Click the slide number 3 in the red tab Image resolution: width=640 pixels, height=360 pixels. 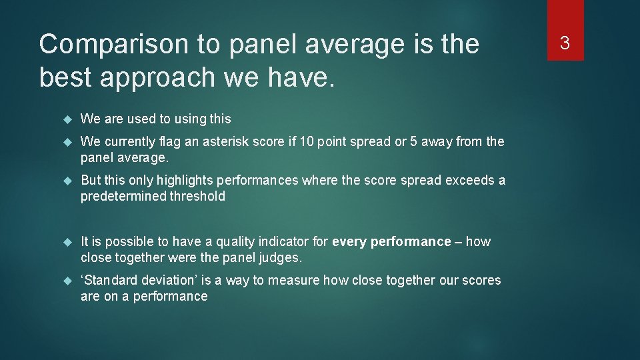[x=565, y=44]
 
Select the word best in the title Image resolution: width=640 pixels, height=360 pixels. [x=65, y=77]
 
